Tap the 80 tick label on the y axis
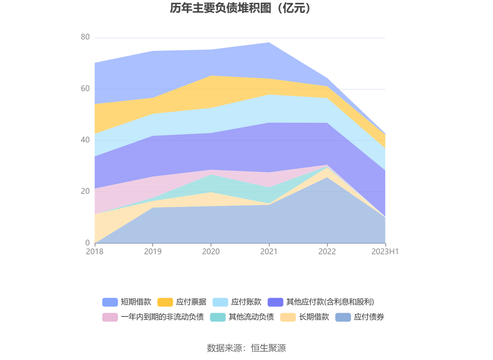tap(85, 37)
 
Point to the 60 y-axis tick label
tap(85, 89)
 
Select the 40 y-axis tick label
tap(85, 140)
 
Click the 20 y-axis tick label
tap(85, 191)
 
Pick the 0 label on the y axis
tap(87, 243)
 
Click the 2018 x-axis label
tap(95, 251)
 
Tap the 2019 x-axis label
tap(153, 251)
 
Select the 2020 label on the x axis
tap(211, 251)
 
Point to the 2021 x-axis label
tap(269, 251)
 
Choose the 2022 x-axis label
tap(327, 251)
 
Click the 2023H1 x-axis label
tap(385, 251)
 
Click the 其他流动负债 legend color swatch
tap(218, 317)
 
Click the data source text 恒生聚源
tap(268, 348)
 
